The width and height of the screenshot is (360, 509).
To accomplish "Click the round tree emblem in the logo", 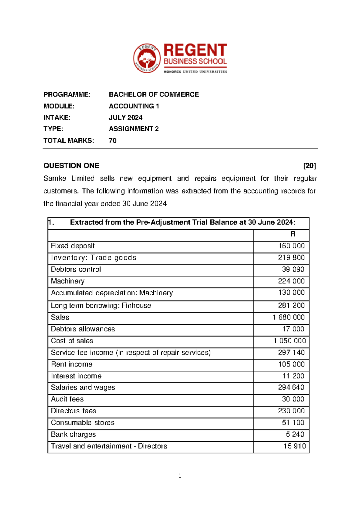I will click(x=147, y=58).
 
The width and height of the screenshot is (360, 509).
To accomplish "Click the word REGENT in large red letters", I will click(x=195, y=50).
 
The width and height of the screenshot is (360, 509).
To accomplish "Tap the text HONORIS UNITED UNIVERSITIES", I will click(x=195, y=72).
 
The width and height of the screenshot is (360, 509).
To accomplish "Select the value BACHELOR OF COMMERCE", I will click(x=154, y=95).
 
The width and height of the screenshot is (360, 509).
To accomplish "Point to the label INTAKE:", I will click(x=57, y=118).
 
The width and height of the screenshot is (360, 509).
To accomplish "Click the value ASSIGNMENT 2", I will click(x=133, y=129).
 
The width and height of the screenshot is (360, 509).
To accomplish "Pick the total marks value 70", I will click(x=112, y=141).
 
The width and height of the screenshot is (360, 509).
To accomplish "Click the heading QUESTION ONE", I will click(x=71, y=166).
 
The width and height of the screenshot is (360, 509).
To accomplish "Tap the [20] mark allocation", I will click(x=309, y=166).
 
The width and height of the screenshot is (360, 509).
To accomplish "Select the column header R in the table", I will click(x=292, y=234).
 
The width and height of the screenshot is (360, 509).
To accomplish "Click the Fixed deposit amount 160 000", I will click(x=291, y=246).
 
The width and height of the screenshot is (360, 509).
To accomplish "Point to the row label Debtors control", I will click(x=76, y=270).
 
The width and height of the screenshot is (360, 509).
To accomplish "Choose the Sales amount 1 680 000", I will click(x=288, y=317).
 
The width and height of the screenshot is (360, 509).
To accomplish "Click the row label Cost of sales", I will click(x=72, y=341).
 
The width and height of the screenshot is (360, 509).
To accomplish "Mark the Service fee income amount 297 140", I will click(x=291, y=353).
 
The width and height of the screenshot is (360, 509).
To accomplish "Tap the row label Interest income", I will click(x=76, y=376).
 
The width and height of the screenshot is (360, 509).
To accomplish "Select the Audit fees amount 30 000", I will click(x=293, y=399).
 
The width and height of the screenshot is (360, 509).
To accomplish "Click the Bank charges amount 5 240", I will click(x=295, y=435).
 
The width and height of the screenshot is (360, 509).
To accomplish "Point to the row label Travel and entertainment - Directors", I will click(x=109, y=446).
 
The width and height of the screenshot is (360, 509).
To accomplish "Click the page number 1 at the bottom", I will click(x=180, y=476).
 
